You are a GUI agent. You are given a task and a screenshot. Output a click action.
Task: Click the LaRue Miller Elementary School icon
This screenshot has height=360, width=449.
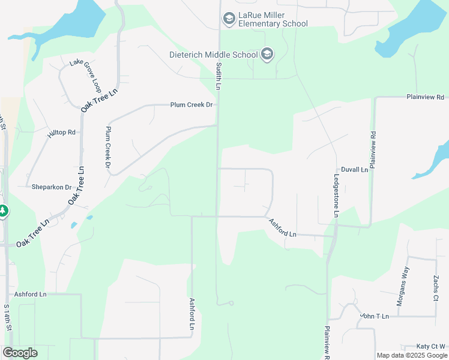[x=229, y=19]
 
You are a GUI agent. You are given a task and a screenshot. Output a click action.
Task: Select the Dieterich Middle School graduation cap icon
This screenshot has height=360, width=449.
[x=267, y=55]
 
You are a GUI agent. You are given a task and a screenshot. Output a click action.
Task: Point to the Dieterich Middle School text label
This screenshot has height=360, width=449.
[x=212, y=55]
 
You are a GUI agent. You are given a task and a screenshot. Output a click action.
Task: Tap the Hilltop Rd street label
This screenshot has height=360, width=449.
[x=62, y=132]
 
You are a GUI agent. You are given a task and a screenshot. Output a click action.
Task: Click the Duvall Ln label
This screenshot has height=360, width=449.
[x=354, y=170]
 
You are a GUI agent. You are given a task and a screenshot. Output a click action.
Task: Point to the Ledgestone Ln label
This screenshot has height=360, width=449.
[x=337, y=196]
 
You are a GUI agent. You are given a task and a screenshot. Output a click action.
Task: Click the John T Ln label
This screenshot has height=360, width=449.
[x=375, y=316]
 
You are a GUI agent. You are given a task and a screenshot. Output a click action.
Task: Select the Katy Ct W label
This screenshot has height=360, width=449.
[x=433, y=347]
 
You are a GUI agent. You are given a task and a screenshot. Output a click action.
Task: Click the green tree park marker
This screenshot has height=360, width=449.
[x=3, y=211]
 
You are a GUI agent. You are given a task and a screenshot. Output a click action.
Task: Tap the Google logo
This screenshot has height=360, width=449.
[x=20, y=353]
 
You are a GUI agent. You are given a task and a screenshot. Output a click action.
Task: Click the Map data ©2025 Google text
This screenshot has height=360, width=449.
[x=411, y=355]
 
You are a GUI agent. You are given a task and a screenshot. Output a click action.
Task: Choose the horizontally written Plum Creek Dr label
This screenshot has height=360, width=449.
[x=191, y=105]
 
